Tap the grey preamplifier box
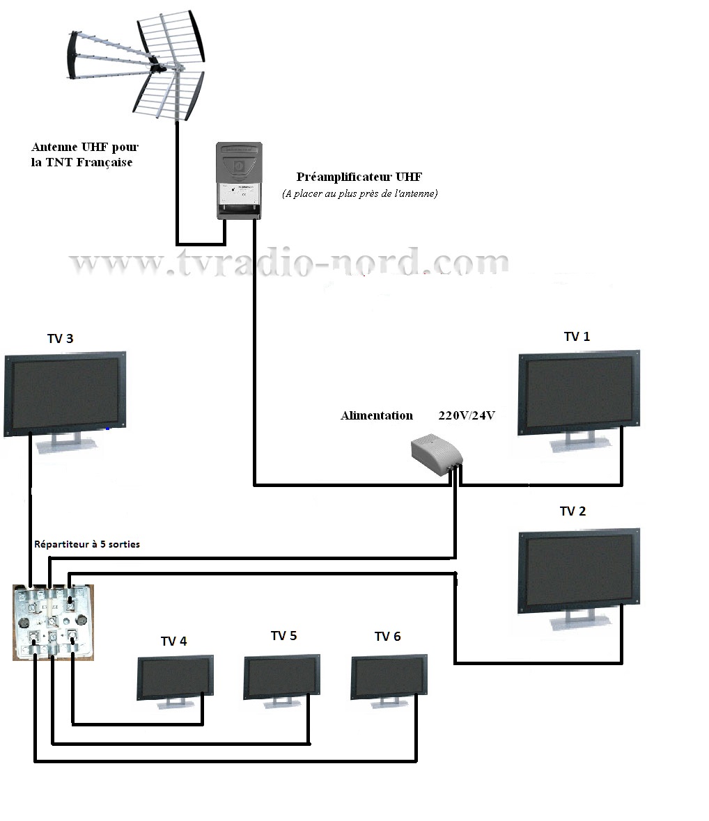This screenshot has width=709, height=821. pyautogui.click(x=240, y=181)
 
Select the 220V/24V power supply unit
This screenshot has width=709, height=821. pyautogui.click(x=437, y=454)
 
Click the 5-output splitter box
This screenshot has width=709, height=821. pyautogui.click(x=53, y=622)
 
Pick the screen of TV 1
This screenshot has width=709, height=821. pyautogui.click(x=579, y=392)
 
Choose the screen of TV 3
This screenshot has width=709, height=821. pyautogui.click(x=65, y=392)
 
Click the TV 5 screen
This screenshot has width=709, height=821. pyautogui.click(x=282, y=676)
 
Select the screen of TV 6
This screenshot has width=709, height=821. pyautogui.click(x=389, y=676)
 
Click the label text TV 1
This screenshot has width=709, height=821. pyautogui.click(x=577, y=337)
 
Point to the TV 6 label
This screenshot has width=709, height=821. pyautogui.click(x=388, y=637)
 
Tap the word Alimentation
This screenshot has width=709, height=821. pyautogui.click(x=377, y=416)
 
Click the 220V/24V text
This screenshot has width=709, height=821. pyautogui.click(x=467, y=416)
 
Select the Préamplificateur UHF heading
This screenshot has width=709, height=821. pyautogui.click(x=359, y=177)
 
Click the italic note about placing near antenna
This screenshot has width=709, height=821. pyautogui.click(x=359, y=193)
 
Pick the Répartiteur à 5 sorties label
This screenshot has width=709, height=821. pyautogui.click(x=87, y=544)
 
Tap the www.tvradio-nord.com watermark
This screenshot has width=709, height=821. pyautogui.click(x=289, y=262)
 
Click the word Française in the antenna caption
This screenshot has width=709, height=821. pyautogui.click(x=104, y=163)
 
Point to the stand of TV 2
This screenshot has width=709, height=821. pyautogui.click(x=580, y=621)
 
